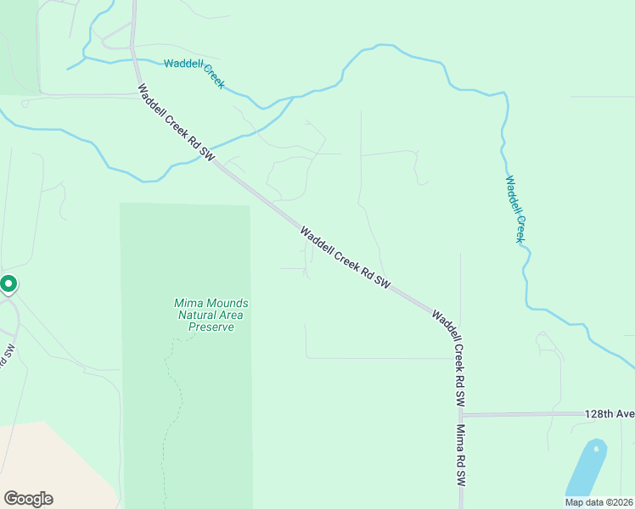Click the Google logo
pyautogui.click(x=28, y=499)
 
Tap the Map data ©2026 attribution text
pyautogui.click(x=598, y=502)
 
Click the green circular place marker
pyautogui.click(x=8, y=284)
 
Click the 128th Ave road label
pyautogui.click(x=609, y=414)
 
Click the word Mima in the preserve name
pyautogui.click(x=188, y=303)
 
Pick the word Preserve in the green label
pyautogui.click(x=211, y=327)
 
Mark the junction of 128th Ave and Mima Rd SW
pyautogui.click(x=461, y=415)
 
